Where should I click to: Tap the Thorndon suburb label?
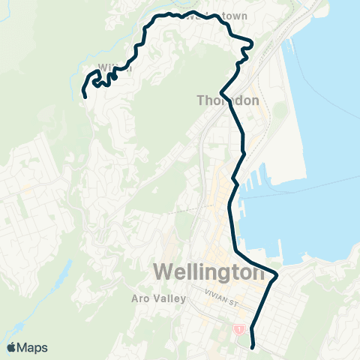[228, 100]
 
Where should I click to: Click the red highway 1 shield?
[238, 328]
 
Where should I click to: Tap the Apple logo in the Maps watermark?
[12, 347]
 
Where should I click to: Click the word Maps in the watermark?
[33, 347]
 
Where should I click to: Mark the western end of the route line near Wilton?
[84, 96]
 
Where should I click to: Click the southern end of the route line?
[252, 346]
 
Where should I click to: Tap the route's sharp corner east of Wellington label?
[277, 275]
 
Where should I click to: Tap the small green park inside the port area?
[279, 110]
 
